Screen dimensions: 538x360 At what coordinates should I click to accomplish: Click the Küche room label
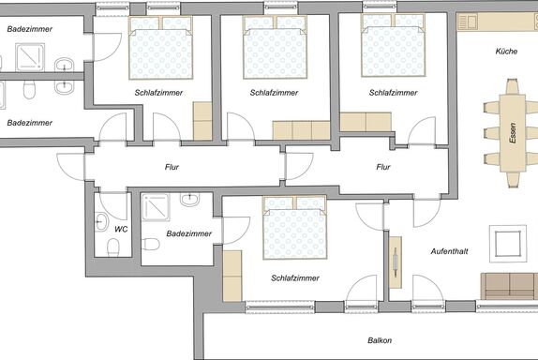pos(506,52)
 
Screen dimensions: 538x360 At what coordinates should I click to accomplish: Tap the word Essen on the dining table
pos(513,133)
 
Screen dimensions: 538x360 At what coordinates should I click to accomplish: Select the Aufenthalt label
pos(449,251)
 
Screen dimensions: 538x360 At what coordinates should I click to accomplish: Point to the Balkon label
pos(380,340)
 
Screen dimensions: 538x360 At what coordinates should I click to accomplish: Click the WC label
pos(121,230)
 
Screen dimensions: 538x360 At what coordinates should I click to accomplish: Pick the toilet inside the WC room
pos(113,247)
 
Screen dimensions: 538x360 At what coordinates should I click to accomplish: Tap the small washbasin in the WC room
pos(100,221)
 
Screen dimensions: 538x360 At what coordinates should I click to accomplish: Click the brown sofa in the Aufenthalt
pos(509,286)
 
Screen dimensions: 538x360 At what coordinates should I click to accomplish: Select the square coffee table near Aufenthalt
pos(508,244)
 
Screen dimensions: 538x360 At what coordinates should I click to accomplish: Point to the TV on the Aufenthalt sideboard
pos(396,262)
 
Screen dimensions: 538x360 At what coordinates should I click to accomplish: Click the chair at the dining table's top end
pos(512,86)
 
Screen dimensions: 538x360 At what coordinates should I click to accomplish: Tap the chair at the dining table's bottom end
pos(513,180)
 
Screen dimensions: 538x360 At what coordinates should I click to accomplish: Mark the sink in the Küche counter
pos(468,22)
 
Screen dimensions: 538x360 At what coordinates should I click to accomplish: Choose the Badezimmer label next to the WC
pos(188,233)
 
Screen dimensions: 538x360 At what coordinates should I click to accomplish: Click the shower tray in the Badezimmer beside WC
pos(156,207)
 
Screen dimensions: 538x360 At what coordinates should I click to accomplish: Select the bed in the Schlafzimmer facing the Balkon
pos(294,228)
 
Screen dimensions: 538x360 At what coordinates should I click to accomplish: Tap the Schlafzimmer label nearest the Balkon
pos(295,278)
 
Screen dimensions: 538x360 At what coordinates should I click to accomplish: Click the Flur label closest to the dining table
pos(383,167)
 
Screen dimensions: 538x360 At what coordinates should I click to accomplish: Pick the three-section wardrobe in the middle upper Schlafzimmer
pos(301,130)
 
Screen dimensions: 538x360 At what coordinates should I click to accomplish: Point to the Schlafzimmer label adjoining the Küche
pos(394,93)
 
